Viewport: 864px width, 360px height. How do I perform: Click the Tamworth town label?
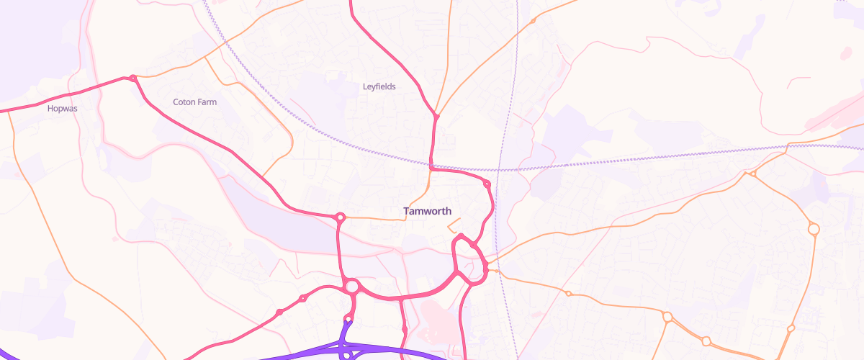click(428, 212)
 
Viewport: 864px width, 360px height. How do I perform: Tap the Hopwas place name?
click(62, 109)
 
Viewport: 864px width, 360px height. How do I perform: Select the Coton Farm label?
click(194, 102)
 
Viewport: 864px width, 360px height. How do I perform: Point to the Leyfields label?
click(379, 86)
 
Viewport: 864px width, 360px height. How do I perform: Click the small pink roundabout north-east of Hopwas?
click(132, 78)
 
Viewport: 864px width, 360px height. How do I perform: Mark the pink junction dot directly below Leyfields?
click(436, 116)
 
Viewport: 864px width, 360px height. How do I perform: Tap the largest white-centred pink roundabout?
click(352, 287)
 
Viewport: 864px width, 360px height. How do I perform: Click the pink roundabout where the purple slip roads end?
click(348, 318)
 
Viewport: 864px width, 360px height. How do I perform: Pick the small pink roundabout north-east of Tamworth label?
click(487, 184)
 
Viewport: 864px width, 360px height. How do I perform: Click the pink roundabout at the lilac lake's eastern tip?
click(340, 217)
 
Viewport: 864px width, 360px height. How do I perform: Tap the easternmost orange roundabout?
click(814, 230)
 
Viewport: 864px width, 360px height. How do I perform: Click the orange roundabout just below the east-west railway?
click(752, 174)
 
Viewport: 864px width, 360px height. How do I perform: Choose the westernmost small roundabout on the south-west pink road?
click(279, 312)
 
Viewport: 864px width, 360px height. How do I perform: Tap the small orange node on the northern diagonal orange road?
click(533, 21)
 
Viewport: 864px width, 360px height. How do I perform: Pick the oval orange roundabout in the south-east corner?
click(706, 341)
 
